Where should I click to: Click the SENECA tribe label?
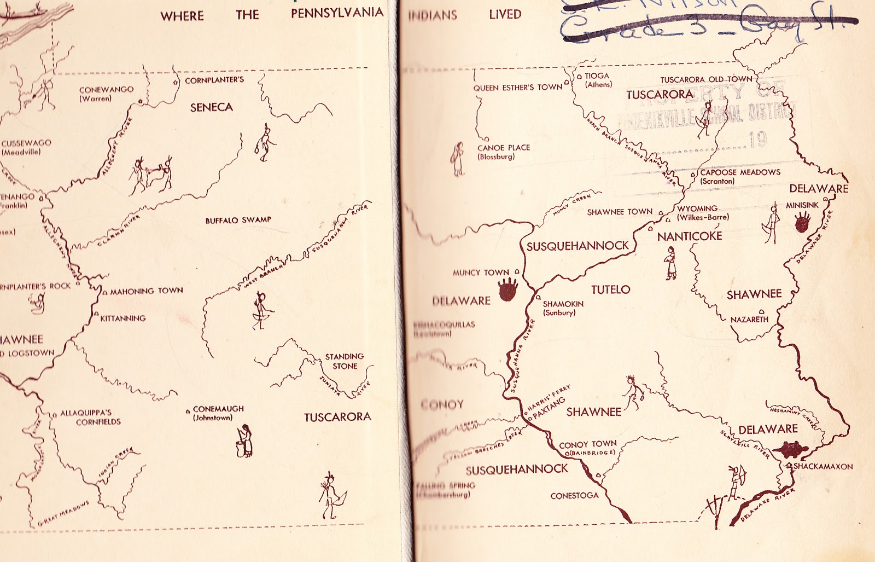point(212,107)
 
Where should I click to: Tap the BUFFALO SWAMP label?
point(238,220)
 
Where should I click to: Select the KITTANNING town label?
point(123,318)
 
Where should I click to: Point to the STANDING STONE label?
point(345,361)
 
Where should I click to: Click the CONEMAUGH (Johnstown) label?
point(218,413)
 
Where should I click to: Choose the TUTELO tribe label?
point(610,289)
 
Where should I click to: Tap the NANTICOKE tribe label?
point(690,236)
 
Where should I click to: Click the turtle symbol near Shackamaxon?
point(793,449)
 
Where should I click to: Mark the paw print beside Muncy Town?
point(508,288)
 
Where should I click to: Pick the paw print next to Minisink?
point(802,222)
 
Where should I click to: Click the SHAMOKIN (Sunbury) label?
point(563,308)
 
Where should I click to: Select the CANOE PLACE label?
point(503,152)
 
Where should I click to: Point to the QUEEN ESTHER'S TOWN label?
point(517,87)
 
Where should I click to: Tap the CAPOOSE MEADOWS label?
point(740,176)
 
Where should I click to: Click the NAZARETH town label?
point(749,319)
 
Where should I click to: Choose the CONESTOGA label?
point(574,496)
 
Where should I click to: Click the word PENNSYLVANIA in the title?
point(337,14)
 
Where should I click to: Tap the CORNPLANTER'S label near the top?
point(214,80)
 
